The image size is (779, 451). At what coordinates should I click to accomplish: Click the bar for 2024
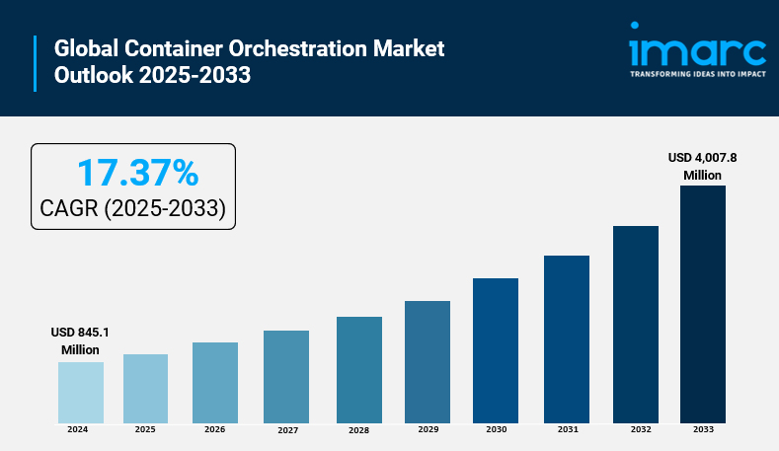(81, 393)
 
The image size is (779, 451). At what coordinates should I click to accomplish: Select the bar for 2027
(286, 377)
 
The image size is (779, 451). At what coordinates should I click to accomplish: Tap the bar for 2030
(496, 350)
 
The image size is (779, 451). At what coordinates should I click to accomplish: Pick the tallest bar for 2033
(703, 305)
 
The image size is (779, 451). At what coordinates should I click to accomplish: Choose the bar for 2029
(428, 362)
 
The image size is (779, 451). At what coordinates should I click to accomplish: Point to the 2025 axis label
(145, 429)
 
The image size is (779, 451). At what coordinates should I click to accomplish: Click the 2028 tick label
(358, 430)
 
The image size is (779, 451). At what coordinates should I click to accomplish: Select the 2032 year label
(641, 429)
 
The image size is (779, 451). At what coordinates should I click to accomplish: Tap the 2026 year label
(214, 429)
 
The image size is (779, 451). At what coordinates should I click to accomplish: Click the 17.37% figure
(138, 173)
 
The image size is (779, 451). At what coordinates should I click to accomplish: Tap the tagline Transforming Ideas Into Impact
(698, 74)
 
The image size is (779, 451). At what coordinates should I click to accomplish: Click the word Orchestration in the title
(297, 48)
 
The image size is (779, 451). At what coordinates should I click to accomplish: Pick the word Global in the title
(87, 48)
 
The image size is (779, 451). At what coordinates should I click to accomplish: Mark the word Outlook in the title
(94, 75)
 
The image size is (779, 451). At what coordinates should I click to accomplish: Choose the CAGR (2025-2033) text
(132, 208)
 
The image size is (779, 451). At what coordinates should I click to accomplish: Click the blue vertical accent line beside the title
(36, 63)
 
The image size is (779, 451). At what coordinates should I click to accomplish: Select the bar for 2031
(567, 339)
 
